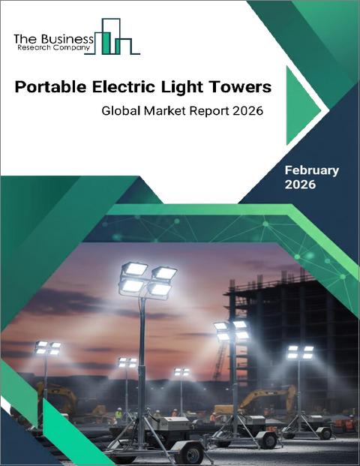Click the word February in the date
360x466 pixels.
pos(311,170)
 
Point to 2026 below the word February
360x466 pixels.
pos(300,185)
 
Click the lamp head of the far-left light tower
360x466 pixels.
pos(47,347)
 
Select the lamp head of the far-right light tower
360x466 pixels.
pos(300,350)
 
